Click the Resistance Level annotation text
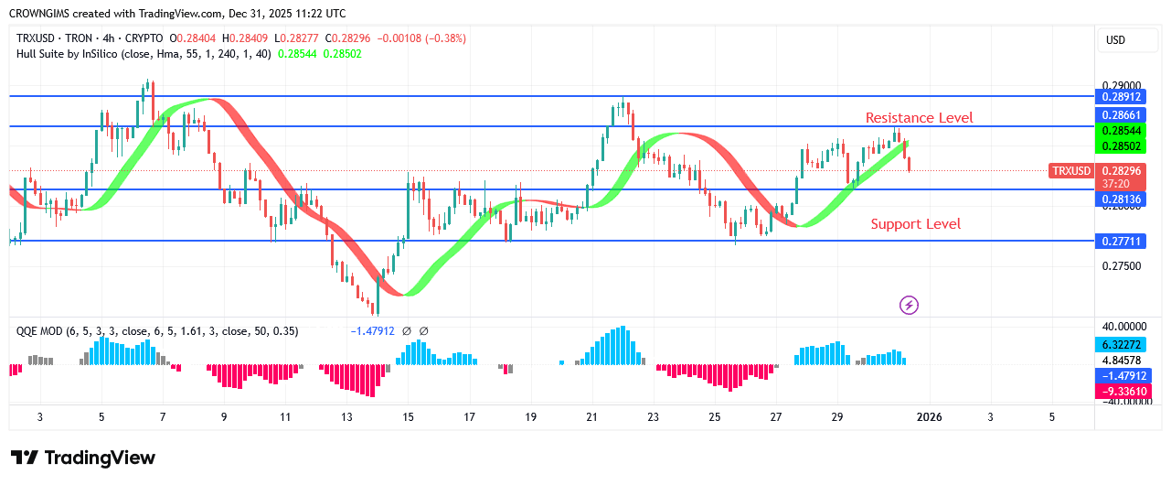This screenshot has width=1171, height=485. click(x=919, y=117)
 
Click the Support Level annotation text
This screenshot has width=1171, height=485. click(x=915, y=224)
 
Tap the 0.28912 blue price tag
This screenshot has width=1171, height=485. click(x=1121, y=96)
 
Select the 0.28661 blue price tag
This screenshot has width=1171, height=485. click(x=1121, y=115)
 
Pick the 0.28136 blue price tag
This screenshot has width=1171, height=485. click(x=1121, y=199)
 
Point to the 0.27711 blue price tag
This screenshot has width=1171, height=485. click(x=1121, y=242)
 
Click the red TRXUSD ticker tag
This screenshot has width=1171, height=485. click(x=1071, y=171)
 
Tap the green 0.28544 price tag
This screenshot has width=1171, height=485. click(x=1121, y=132)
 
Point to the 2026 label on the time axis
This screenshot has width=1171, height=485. click(x=930, y=417)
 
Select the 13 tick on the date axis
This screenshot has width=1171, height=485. click(x=346, y=417)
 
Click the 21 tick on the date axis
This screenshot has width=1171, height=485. click(x=591, y=417)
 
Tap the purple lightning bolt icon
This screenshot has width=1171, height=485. click(x=909, y=305)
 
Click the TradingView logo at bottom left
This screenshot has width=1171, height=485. click(x=82, y=458)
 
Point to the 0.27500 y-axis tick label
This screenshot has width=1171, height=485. click(x=1121, y=266)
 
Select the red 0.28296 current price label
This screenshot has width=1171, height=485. click(x=1121, y=171)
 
